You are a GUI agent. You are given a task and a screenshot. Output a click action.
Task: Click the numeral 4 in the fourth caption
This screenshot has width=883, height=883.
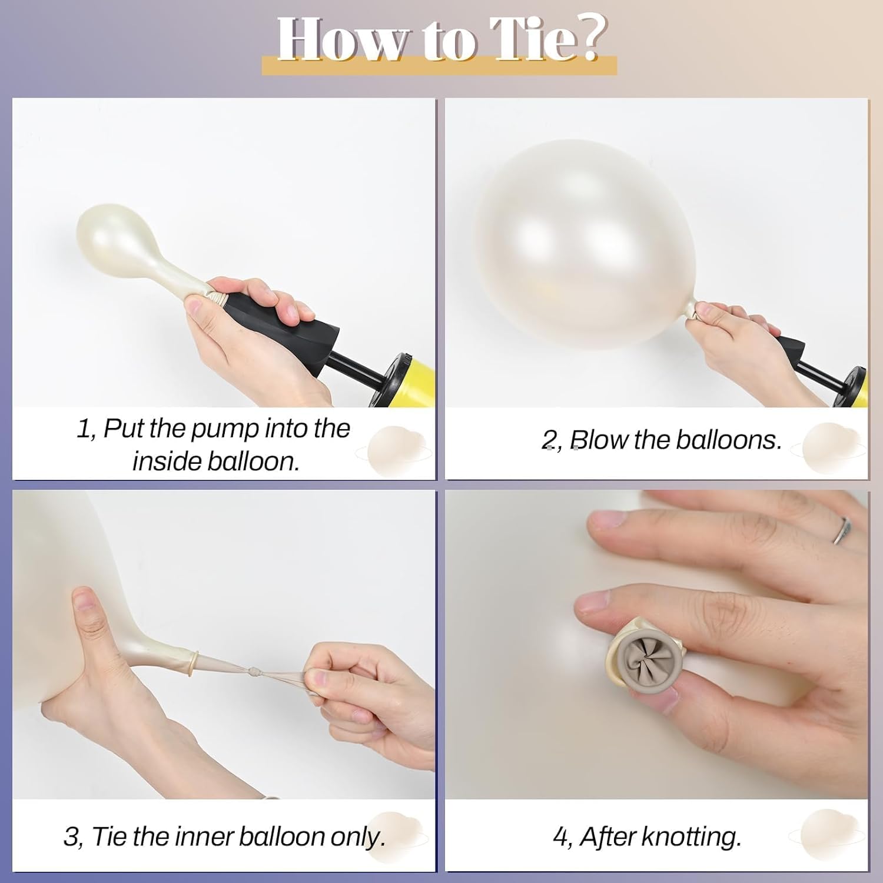point(560,837)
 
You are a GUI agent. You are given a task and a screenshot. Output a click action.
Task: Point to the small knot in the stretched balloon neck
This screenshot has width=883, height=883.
point(253,670)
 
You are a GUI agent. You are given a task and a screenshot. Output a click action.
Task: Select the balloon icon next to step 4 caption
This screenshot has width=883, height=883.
point(828,835)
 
